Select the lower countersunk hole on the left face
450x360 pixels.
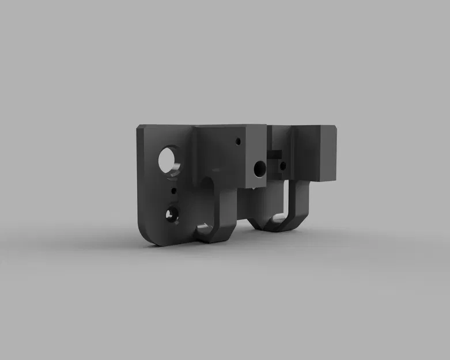(x=172, y=215)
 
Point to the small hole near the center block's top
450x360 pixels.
(x=238, y=141)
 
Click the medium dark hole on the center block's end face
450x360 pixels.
(x=260, y=168)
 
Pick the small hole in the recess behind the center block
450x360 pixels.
(x=282, y=166)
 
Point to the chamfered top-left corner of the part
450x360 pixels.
(x=141, y=128)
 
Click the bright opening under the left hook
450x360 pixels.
(x=204, y=229)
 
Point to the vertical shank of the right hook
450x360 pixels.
(x=302, y=199)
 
